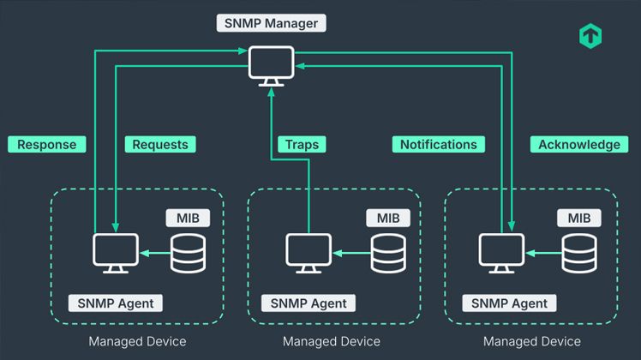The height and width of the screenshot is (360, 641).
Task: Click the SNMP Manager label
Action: (272, 23)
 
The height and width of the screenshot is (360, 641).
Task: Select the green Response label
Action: (46, 144)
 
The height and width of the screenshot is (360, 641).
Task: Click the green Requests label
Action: (159, 144)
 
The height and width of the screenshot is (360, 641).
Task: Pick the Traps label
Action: (300, 144)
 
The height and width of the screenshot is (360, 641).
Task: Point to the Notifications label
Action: (438, 144)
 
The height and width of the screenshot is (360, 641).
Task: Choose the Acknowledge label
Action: (578, 144)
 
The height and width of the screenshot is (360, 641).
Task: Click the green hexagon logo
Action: (590, 36)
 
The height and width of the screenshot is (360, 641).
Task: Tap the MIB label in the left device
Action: (188, 219)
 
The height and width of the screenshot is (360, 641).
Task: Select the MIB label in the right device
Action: (578, 219)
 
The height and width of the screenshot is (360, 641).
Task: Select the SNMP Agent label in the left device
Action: (116, 303)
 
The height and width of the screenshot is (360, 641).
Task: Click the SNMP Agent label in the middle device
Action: (309, 303)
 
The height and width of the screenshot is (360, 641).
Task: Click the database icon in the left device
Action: (189, 253)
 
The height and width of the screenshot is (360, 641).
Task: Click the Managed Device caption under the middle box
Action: (331, 341)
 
